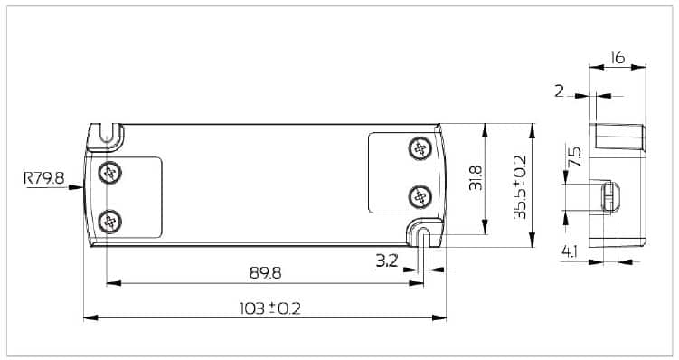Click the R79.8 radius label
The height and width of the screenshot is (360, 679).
click(x=43, y=177)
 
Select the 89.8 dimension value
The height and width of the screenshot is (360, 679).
click(x=265, y=273)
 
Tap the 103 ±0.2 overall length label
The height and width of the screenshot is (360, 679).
click(x=269, y=308)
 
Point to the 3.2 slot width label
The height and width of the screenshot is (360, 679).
click(x=386, y=261)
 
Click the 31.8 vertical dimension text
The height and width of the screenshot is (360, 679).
click(x=476, y=177)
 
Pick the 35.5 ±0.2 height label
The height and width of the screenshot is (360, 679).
click(x=519, y=187)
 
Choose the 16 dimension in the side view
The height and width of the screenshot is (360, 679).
click(x=618, y=57)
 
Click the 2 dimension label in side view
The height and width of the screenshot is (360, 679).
click(x=560, y=91)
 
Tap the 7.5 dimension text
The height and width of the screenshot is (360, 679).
click(x=575, y=156)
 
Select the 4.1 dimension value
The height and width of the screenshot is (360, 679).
click(x=570, y=251)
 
